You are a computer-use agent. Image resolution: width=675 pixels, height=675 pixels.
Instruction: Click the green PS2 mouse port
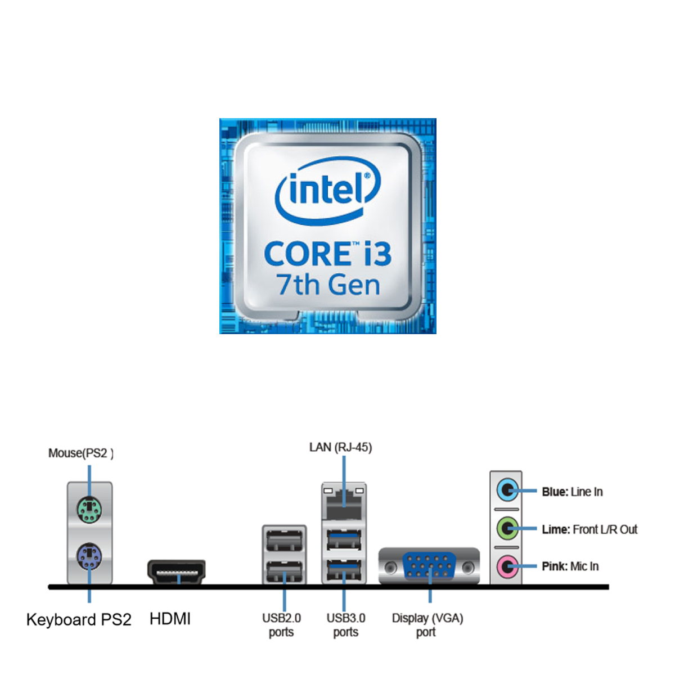pos(89,510)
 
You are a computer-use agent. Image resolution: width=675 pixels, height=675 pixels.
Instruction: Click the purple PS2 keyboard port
pos(89,557)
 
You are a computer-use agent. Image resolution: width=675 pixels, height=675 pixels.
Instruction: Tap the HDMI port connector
pos(176,571)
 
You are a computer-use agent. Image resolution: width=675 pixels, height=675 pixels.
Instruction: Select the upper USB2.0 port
pos(284,541)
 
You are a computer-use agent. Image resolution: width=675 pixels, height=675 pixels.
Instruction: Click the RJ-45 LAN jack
pos(344,502)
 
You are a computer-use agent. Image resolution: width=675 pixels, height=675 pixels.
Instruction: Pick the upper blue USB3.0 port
pos(344,541)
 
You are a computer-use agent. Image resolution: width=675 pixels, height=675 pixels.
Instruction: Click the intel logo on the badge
pos(328,190)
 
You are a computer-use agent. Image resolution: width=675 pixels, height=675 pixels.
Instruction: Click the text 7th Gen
pos(328,285)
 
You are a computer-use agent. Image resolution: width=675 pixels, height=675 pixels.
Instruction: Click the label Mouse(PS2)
pos(80,453)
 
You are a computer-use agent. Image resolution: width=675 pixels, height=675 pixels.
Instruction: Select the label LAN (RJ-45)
pos(340,448)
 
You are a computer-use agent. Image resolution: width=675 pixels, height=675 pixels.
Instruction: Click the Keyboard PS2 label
pos(79,620)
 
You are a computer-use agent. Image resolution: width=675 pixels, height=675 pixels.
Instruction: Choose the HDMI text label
pos(170,619)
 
